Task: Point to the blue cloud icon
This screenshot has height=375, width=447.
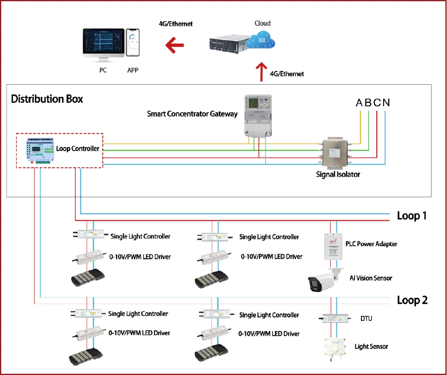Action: [x=262, y=41]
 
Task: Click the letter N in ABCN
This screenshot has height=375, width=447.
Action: [x=386, y=103]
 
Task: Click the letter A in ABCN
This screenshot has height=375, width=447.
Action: [x=359, y=103]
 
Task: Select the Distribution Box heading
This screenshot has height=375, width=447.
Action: [x=47, y=99]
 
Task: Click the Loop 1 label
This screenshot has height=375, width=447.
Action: [x=412, y=216]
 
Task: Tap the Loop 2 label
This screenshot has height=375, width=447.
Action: [x=412, y=300]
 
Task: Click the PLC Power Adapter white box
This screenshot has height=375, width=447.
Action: [x=333, y=247]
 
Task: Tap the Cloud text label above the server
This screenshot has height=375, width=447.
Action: [x=262, y=23]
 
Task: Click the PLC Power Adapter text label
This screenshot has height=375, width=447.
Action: [x=371, y=244]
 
